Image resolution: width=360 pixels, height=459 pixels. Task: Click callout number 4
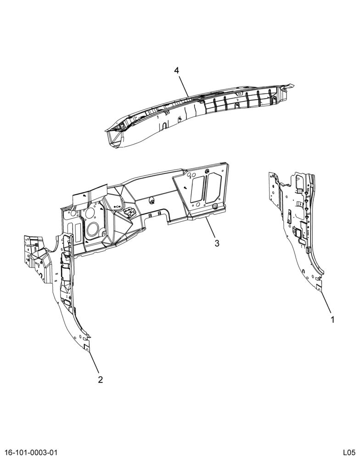click(x=176, y=71)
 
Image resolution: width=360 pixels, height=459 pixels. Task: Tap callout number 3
click(x=217, y=243)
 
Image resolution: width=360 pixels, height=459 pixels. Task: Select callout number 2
click(x=101, y=380)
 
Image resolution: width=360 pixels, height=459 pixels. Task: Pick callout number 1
click(x=332, y=319)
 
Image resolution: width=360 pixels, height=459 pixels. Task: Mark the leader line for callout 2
click(x=93, y=363)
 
